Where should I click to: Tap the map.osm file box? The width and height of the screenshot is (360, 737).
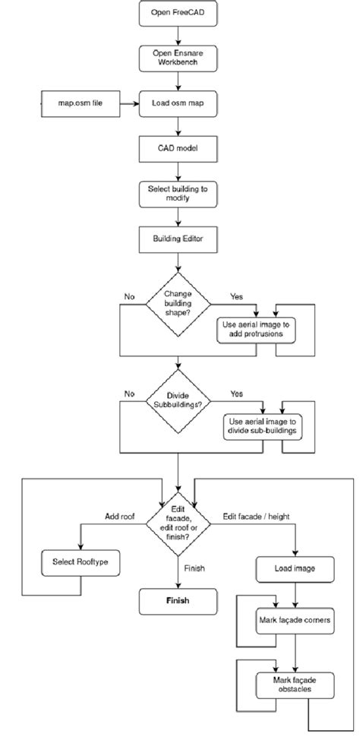tap(81, 102)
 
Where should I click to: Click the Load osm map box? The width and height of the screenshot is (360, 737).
tap(178, 102)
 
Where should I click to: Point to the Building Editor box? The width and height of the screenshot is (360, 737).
tap(178, 239)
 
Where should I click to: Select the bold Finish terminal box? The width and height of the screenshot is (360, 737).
tap(178, 600)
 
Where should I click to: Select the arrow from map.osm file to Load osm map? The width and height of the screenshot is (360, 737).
tap(130, 102)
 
